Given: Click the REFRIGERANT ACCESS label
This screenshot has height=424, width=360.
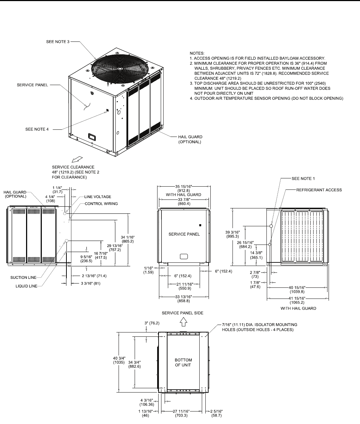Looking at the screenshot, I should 319,190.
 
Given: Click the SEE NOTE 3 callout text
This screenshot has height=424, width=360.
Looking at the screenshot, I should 58,42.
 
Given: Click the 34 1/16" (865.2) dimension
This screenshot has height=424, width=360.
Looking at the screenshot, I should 127,239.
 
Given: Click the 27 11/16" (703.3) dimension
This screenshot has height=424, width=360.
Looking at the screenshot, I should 183,414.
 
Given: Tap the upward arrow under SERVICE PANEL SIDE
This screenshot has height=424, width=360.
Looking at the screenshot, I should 183,322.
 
